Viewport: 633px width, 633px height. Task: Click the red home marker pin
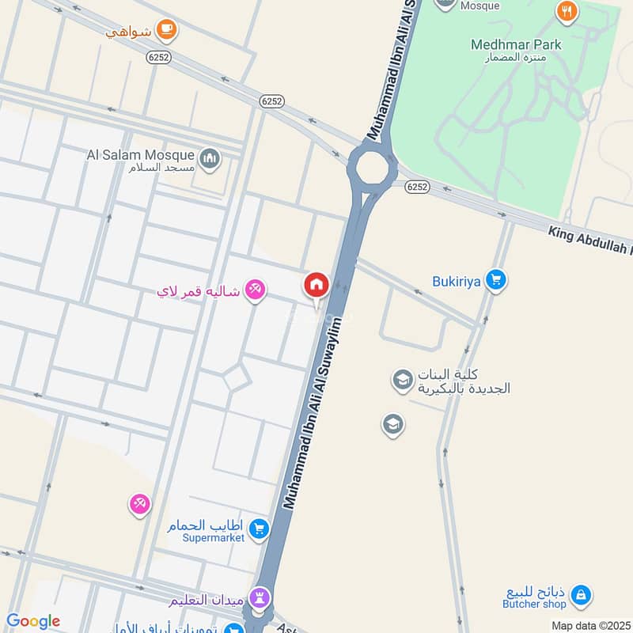coord(316,285)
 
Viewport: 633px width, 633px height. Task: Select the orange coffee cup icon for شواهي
coord(165,30)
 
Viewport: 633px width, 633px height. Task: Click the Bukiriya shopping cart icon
coord(496,280)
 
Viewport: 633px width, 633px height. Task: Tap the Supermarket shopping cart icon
coord(258,529)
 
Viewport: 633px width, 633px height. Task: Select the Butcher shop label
coord(535,604)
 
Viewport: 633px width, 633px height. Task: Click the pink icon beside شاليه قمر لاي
coord(254,290)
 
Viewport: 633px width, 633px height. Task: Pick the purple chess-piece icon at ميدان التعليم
coord(260,597)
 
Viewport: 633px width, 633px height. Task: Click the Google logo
coord(32,621)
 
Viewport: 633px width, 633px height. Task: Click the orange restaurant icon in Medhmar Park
coord(567,11)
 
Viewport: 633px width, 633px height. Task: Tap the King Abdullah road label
coord(589,240)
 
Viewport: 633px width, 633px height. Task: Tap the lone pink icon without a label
coord(139,503)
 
